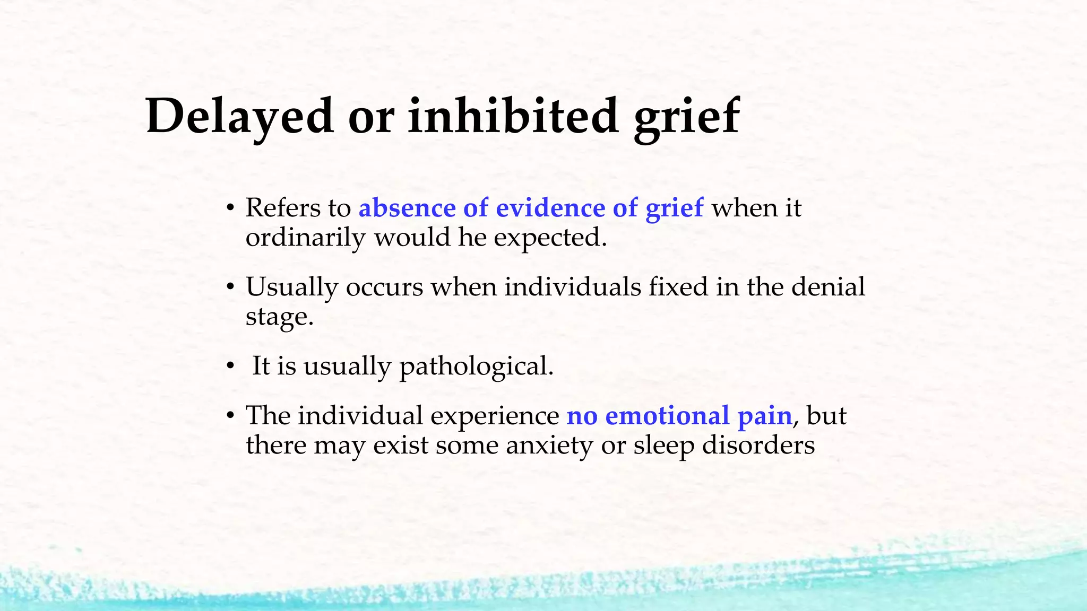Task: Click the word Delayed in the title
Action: [x=240, y=116]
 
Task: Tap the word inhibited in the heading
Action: [x=513, y=116]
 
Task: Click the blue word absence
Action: [x=407, y=207]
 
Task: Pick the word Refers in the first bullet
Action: [x=281, y=207]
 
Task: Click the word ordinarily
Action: [x=305, y=238]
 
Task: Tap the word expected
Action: [x=550, y=238]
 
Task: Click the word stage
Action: [x=279, y=317]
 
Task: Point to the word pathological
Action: [x=476, y=366]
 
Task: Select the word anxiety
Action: [x=549, y=445]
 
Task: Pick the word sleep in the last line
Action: [x=664, y=445]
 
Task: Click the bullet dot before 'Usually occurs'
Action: [x=230, y=287]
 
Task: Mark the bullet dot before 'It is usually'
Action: [x=230, y=366]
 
